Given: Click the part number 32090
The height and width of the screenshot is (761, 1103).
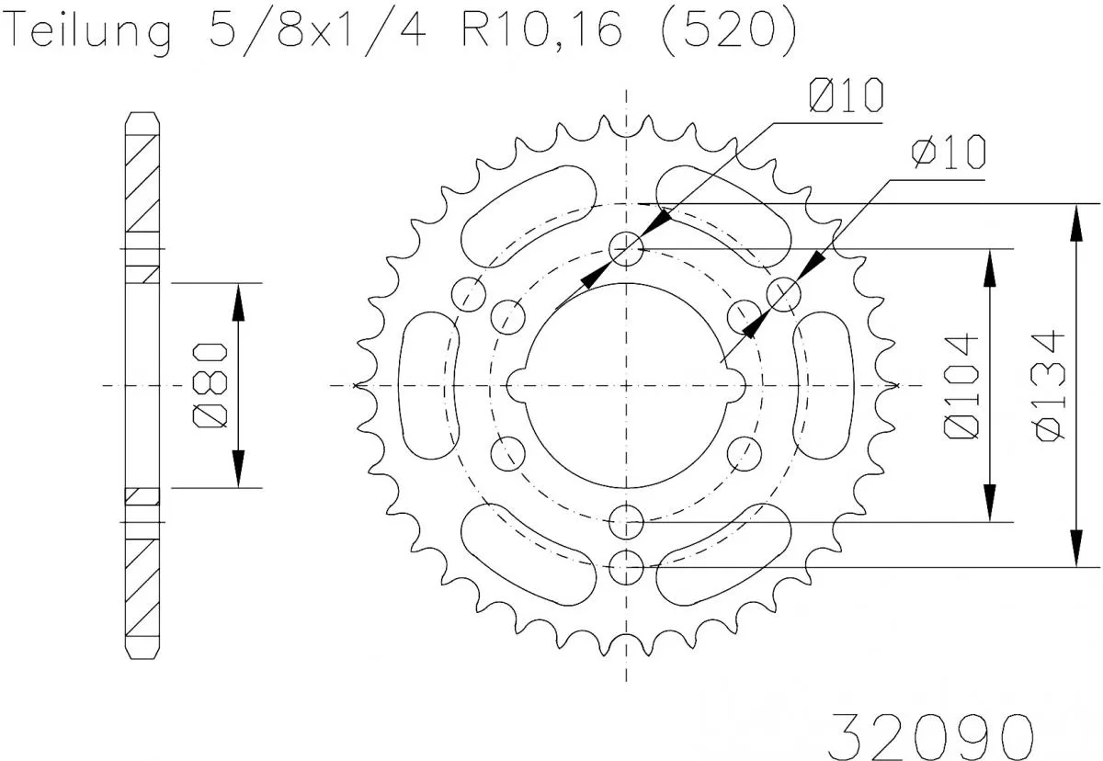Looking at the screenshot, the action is tap(929, 733).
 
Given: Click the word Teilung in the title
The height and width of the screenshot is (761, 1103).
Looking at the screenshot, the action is tap(92, 32).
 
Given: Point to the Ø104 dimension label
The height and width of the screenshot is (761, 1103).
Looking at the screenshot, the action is tap(961, 386).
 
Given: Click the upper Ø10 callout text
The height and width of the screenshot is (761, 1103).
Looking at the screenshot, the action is tap(846, 96).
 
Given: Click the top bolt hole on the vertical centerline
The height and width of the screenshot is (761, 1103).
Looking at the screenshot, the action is tap(627, 247).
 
